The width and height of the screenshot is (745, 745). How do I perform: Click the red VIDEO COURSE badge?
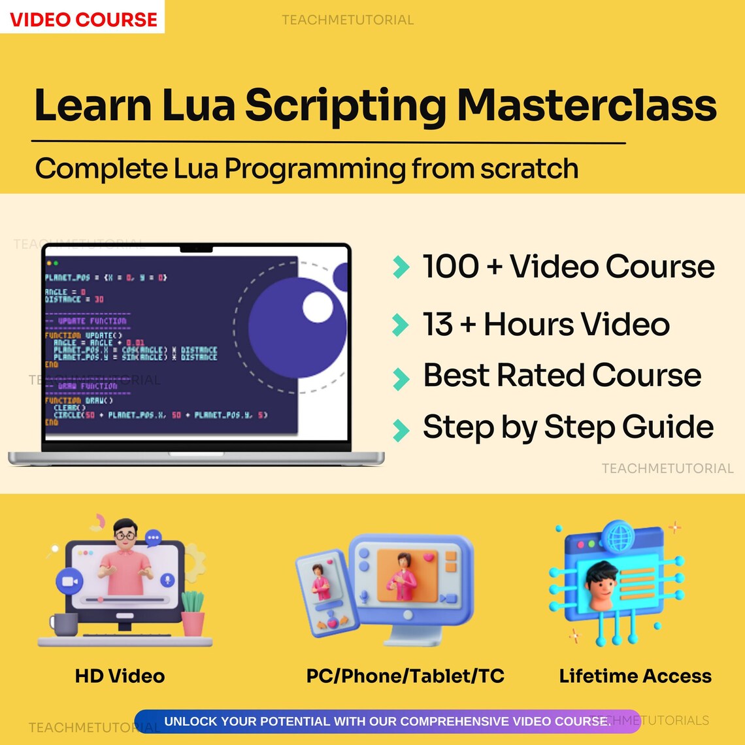coord(83,18)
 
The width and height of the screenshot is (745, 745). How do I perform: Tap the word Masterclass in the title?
coord(586,105)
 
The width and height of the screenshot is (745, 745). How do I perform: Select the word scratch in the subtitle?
coord(529,169)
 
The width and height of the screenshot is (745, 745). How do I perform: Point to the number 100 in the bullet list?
coord(450,267)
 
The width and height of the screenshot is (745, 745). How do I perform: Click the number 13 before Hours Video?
coord(438,324)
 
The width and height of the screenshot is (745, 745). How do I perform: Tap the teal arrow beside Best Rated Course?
coord(400,378)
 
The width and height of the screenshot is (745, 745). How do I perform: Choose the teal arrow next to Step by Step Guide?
coord(400,429)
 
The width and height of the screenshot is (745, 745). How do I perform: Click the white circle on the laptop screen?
coord(318,307)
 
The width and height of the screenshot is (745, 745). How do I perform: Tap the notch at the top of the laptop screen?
coord(196,248)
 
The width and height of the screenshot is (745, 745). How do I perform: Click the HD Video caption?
coord(120,676)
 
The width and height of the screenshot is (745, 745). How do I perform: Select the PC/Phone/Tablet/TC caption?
coord(405,676)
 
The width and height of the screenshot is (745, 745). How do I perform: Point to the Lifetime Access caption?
coord(635,676)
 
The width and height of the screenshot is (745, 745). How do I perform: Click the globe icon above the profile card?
coord(617,537)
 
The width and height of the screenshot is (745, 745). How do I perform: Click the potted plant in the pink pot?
coord(193,614)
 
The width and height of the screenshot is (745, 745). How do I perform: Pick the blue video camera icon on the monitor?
coord(67,580)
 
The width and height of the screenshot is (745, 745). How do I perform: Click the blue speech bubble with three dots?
coord(154,538)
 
